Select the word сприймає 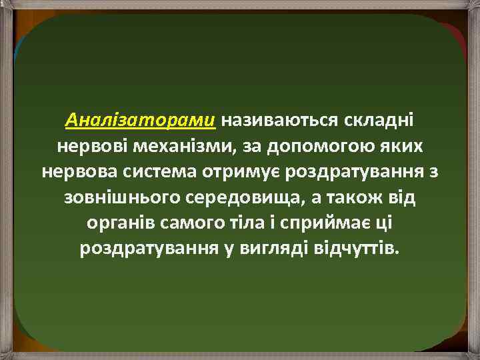pos(330,223)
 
